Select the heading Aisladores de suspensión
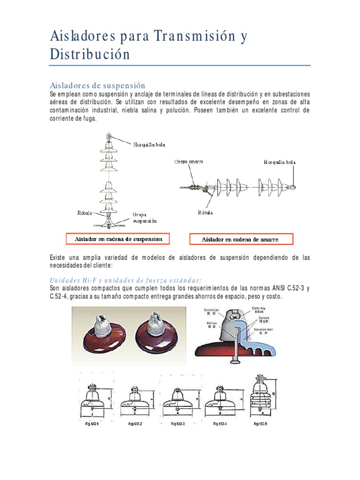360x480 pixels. click(x=97, y=85)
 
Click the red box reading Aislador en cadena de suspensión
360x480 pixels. click(x=118, y=239)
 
